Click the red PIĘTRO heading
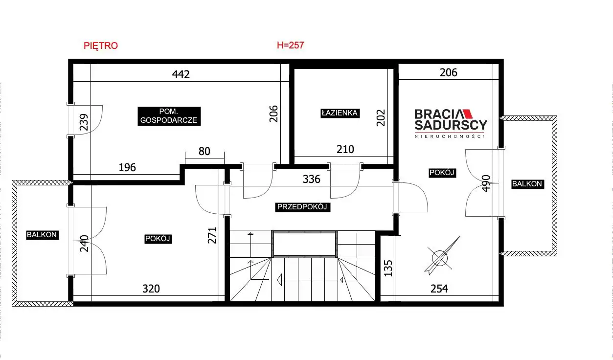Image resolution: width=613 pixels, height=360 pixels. point(101,45)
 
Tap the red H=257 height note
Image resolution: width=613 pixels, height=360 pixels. point(290,45)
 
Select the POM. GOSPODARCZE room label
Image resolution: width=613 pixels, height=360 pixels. point(169,116)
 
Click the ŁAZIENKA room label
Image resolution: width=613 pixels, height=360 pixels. point(340,113)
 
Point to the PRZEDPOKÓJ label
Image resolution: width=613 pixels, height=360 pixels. point(302,207)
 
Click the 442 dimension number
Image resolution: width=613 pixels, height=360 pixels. point(181,74)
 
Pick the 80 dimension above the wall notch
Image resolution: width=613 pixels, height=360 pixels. point(204,151)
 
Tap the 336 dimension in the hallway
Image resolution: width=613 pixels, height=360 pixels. point(312,179)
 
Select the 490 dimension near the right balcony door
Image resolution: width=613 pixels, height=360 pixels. point(486,183)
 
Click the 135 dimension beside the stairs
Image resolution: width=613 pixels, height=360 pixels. point(388,268)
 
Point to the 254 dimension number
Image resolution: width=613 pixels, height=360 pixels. point(439,289)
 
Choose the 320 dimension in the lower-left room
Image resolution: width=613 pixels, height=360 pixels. point(151,289)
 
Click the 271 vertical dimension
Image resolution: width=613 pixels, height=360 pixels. point(212,235)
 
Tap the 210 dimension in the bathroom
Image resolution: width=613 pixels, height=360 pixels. point(345,149)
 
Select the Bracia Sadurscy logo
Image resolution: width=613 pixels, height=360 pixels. point(451,123)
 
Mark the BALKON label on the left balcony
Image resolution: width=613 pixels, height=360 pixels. point(42,235)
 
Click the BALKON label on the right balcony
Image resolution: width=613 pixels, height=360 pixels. point(527,184)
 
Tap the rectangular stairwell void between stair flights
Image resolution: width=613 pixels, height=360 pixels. point(305,244)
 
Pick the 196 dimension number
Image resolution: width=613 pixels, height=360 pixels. point(127,167)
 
